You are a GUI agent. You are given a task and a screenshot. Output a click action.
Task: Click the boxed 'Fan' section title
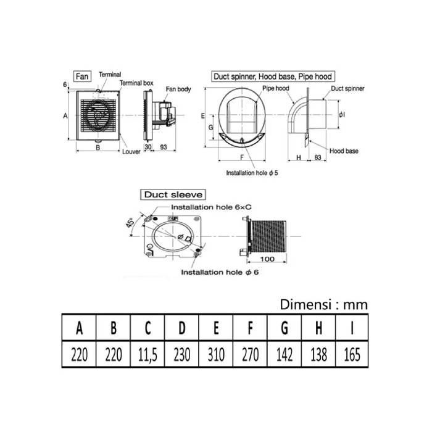click(81, 77)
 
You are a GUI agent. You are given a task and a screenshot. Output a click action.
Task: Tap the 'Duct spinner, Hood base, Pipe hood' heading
click(272, 77)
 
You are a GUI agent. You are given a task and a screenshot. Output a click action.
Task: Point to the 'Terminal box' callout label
click(136, 83)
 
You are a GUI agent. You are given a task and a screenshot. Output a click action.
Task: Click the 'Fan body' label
click(179, 89)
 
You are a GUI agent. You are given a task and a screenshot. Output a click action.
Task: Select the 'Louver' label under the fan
click(131, 150)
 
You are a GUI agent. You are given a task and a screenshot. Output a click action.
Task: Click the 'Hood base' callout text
click(344, 151)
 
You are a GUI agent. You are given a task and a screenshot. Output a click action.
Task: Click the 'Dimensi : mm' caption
click(323, 304)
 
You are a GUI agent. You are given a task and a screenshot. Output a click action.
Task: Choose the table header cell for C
click(147, 328)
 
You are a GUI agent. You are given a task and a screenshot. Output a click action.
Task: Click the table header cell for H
click(317, 328)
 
